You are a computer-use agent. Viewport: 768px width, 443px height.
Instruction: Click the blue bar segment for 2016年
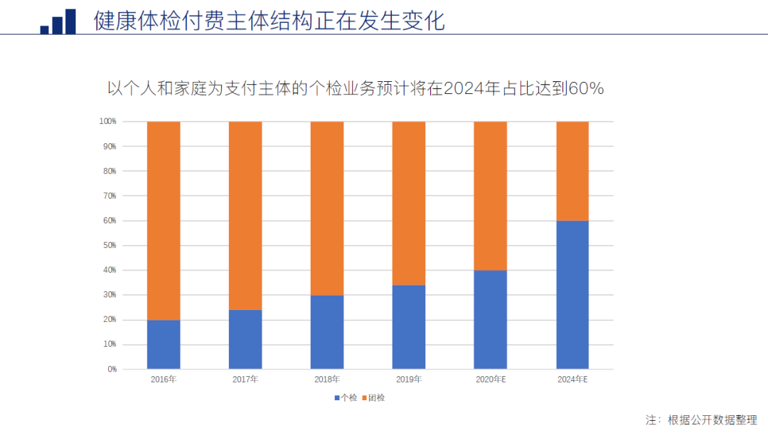pyautogui.click(x=164, y=345)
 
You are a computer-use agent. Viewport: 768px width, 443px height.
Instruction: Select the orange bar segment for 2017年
pyautogui.click(x=245, y=215)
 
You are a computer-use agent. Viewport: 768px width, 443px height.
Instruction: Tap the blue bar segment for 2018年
pyautogui.click(x=327, y=332)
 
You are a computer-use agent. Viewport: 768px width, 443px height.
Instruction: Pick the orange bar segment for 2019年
pyautogui.click(x=409, y=203)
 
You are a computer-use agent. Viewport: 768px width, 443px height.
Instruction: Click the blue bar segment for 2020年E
pyautogui.click(x=491, y=320)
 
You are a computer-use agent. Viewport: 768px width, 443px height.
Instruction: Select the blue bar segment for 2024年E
pyautogui.click(x=572, y=295)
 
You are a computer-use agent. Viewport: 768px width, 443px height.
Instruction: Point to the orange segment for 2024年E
pyautogui.click(x=572, y=171)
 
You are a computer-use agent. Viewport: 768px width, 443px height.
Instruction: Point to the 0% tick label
pyautogui.click(x=111, y=369)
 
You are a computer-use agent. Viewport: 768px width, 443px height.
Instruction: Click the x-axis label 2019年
pyautogui.click(x=409, y=380)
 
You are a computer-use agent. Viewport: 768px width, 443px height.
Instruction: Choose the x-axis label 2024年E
pyautogui.click(x=572, y=380)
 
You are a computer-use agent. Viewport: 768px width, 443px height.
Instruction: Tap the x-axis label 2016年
pyautogui.click(x=164, y=380)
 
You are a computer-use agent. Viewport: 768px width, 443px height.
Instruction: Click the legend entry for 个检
pyautogui.click(x=346, y=397)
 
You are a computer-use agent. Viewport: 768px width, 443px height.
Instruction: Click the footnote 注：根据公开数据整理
pyautogui.click(x=701, y=420)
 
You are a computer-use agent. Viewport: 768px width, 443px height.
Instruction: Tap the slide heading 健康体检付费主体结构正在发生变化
pyautogui.click(x=269, y=20)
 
